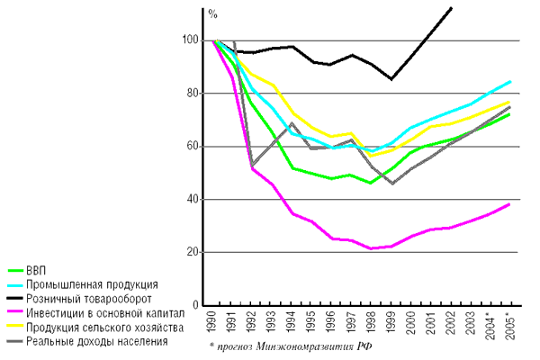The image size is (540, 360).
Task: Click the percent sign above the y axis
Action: (x=213, y=14)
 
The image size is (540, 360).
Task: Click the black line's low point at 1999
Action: (x=391, y=79)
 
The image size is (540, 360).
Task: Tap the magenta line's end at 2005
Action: (x=509, y=204)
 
